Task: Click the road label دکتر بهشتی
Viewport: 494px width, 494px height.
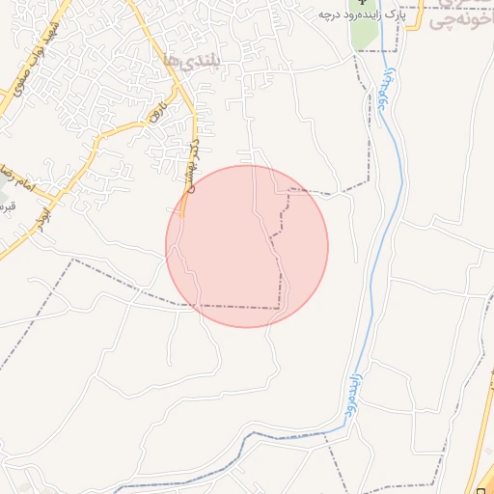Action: point(190,162)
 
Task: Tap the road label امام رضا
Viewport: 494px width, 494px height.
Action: point(12,173)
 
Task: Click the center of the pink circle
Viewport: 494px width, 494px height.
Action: point(247,246)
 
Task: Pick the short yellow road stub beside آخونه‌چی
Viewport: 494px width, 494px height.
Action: point(416,20)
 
